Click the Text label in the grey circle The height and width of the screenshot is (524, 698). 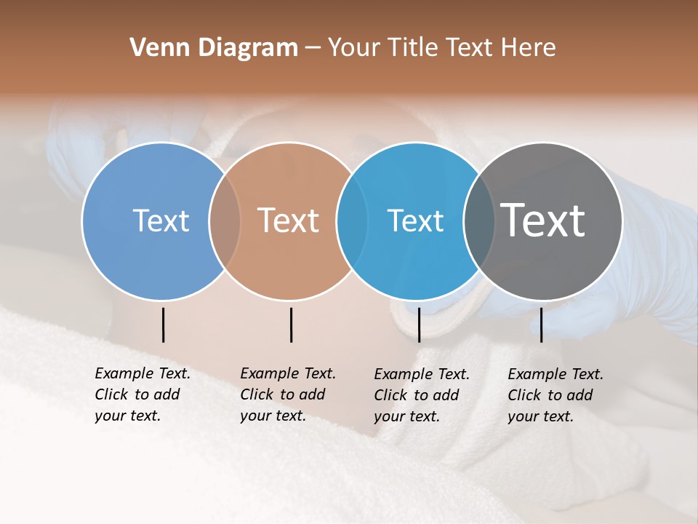(542, 220)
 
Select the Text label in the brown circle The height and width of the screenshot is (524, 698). (288, 221)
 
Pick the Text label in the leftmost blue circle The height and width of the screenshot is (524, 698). (161, 221)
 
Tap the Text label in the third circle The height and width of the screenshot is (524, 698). (415, 221)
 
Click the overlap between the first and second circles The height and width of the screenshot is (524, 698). (225, 221)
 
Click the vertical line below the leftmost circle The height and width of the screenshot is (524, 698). (163, 325)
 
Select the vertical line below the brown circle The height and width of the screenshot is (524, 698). (291, 325)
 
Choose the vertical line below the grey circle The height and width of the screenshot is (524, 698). (541, 325)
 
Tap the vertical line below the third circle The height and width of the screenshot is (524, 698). (419, 325)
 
